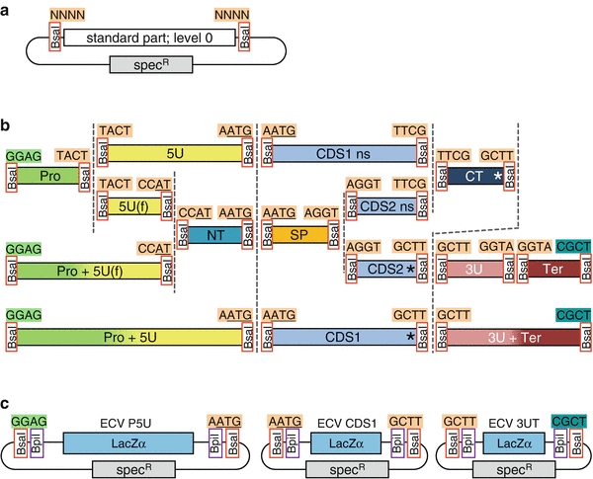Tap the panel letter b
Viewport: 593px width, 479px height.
(7, 126)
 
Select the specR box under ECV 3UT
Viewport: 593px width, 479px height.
(506, 468)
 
